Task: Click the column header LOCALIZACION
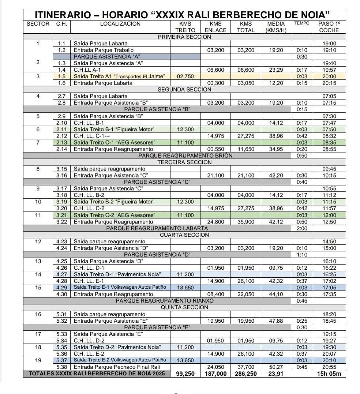120,24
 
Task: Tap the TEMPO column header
302,23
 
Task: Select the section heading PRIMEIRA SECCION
184,37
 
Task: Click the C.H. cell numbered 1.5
62,76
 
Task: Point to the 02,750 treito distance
185,76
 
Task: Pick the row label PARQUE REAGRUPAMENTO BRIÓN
185,156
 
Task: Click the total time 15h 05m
329,374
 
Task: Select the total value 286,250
246,374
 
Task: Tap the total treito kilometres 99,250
185,374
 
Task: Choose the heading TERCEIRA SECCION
184,162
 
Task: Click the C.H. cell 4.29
62,287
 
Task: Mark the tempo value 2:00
302,228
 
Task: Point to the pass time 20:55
329,367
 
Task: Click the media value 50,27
276,367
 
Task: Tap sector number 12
38,241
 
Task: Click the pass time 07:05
329,96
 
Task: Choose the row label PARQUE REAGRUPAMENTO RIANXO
165,301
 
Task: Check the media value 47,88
276,321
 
